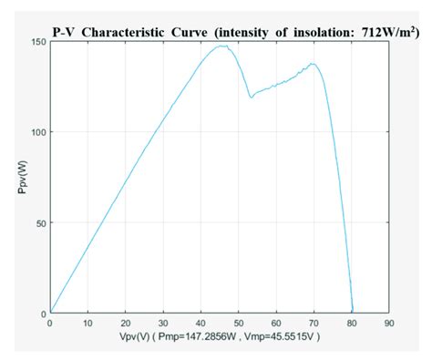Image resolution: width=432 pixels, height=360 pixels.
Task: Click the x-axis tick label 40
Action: pyautogui.click(x=200, y=324)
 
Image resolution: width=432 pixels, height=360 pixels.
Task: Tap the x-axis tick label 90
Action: pyautogui.click(x=388, y=324)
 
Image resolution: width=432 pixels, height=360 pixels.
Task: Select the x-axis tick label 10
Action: pyautogui.click(x=87, y=324)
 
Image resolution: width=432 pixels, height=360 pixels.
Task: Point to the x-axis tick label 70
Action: pyautogui.click(x=313, y=324)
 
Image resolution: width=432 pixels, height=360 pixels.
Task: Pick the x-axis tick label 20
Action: pyautogui.click(x=125, y=324)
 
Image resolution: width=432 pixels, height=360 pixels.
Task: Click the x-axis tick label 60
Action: pyautogui.click(x=275, y=324)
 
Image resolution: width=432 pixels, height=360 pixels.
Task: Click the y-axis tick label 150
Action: pyautogui.click(x=36, y=41)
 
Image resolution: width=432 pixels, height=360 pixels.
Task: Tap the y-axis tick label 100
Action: pyautogui.click(x=36, y=131)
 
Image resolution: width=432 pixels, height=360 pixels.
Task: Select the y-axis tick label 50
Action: pyautogui.click(x=38, y=222)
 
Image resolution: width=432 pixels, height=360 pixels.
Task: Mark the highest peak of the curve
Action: pyautogui.click(x=221, y=46)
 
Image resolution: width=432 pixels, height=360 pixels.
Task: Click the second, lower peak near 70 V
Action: pyautogui.click(x=313, y=63)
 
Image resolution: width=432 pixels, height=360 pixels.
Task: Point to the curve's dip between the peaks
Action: pyautogui.click(x=251, y=98)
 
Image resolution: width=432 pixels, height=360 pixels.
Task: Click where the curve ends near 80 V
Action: pyautogui.click(x=353, y=312)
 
